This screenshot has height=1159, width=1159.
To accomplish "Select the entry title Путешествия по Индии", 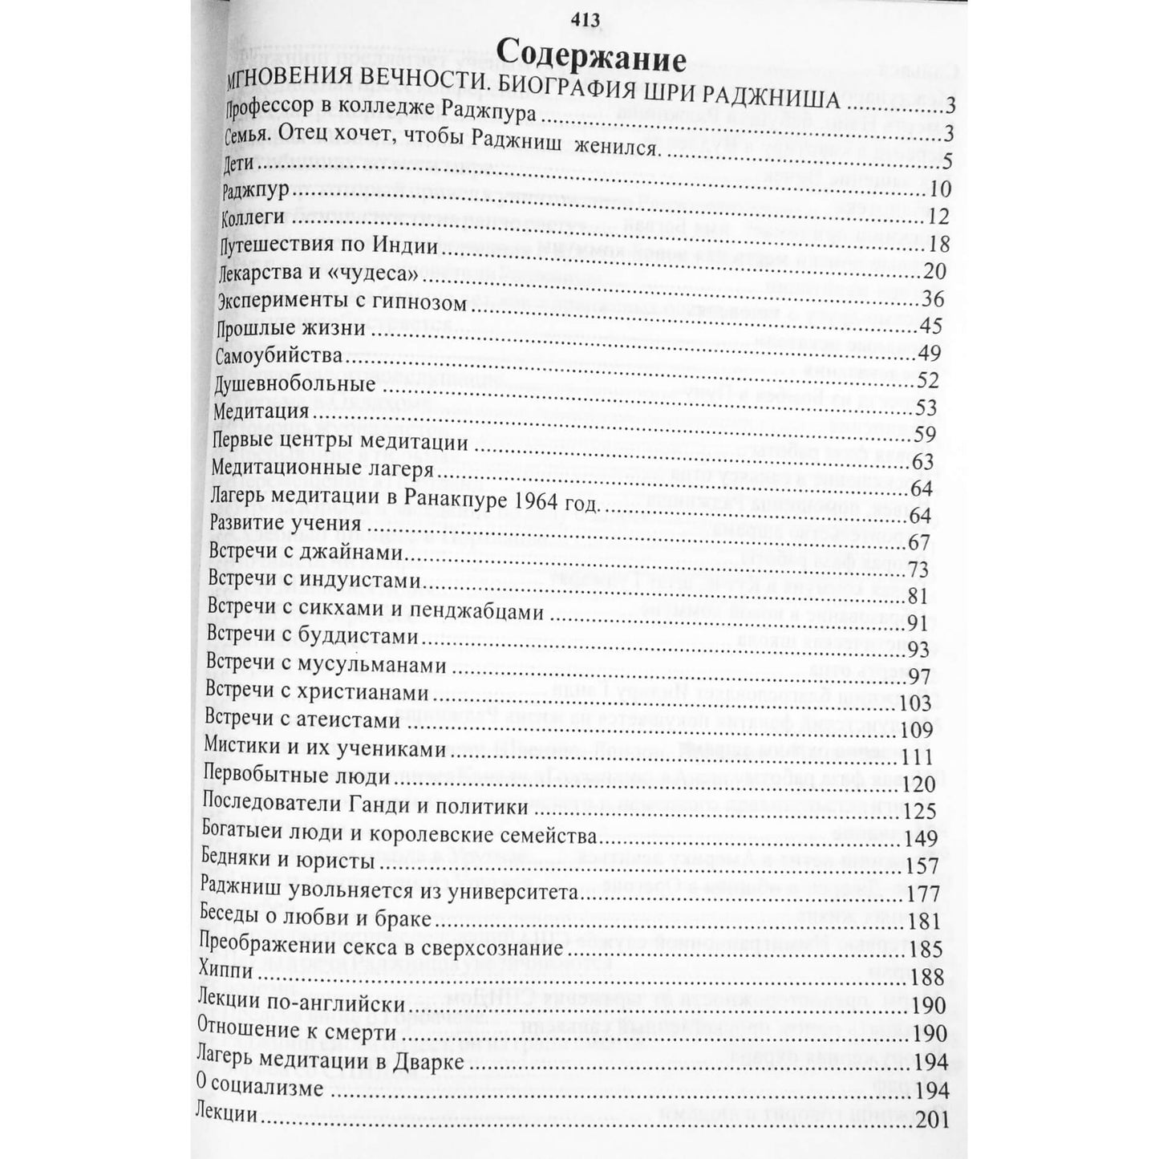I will (329, 245).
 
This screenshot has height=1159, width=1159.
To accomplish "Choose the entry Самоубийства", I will (278, 355).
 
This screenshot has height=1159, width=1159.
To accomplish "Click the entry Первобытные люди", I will (298, 776).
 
